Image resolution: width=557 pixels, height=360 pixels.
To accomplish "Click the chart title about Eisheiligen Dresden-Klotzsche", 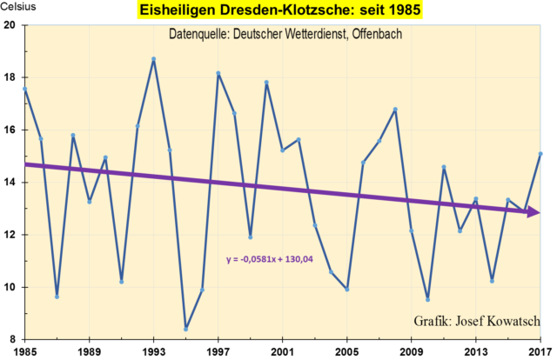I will pyautogui.click(x=278, y=10).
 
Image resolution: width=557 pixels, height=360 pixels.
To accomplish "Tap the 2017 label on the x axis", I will pyautogui.click(x=540, y=352).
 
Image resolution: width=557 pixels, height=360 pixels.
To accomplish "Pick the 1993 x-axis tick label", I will pyautogui.click(x=153, y=352).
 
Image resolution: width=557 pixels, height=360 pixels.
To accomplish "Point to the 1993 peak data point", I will pyautogui.click(x=153, y=59).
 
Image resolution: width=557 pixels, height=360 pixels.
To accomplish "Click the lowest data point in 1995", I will pyautogui.click(x=185, y=329).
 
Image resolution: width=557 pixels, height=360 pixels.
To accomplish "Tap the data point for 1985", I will pyautogui.click(x=25, y=89).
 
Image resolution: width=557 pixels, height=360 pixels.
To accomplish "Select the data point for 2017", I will pyautogui.click(x=540, y=154).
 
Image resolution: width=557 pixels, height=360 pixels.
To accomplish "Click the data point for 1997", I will pyautogui.click(x=218, y=73).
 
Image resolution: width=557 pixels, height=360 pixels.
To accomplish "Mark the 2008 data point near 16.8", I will pyautogui.click(x=395, y=110).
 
